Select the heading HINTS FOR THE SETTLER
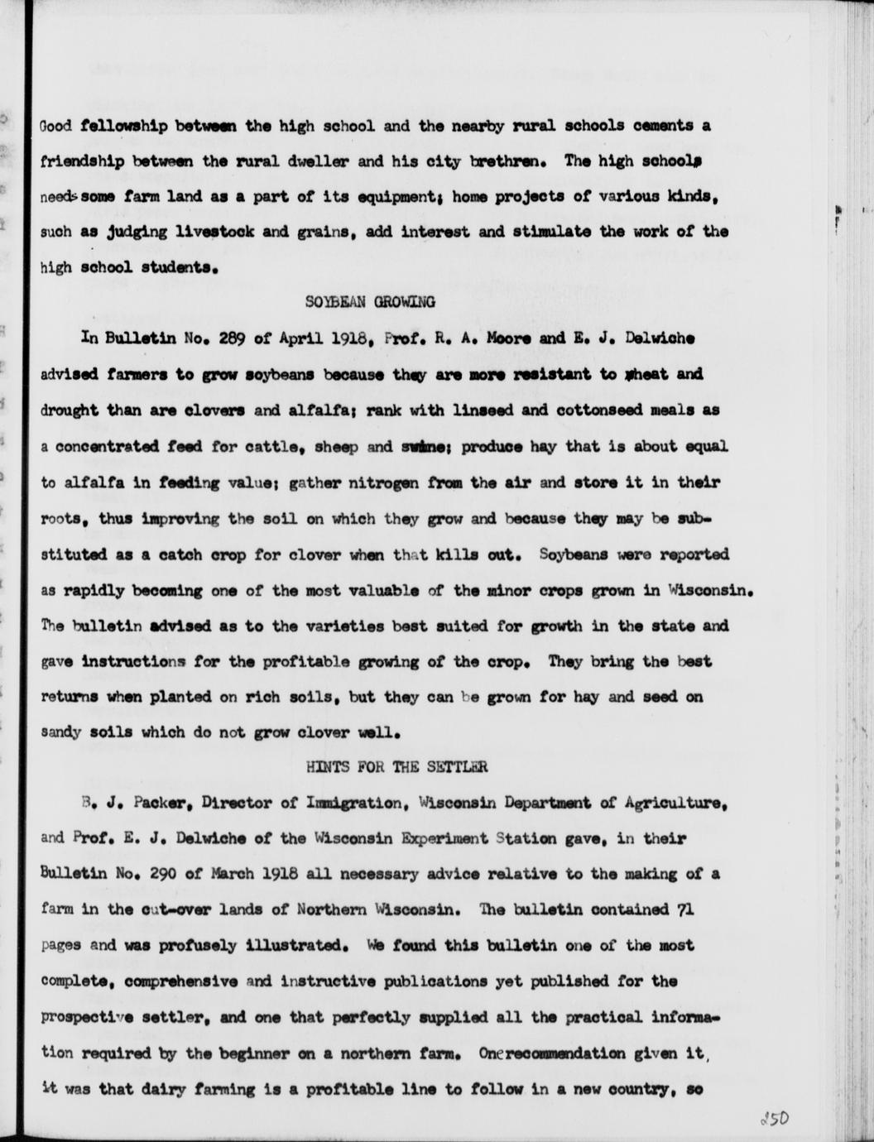396,767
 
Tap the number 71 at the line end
684,909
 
